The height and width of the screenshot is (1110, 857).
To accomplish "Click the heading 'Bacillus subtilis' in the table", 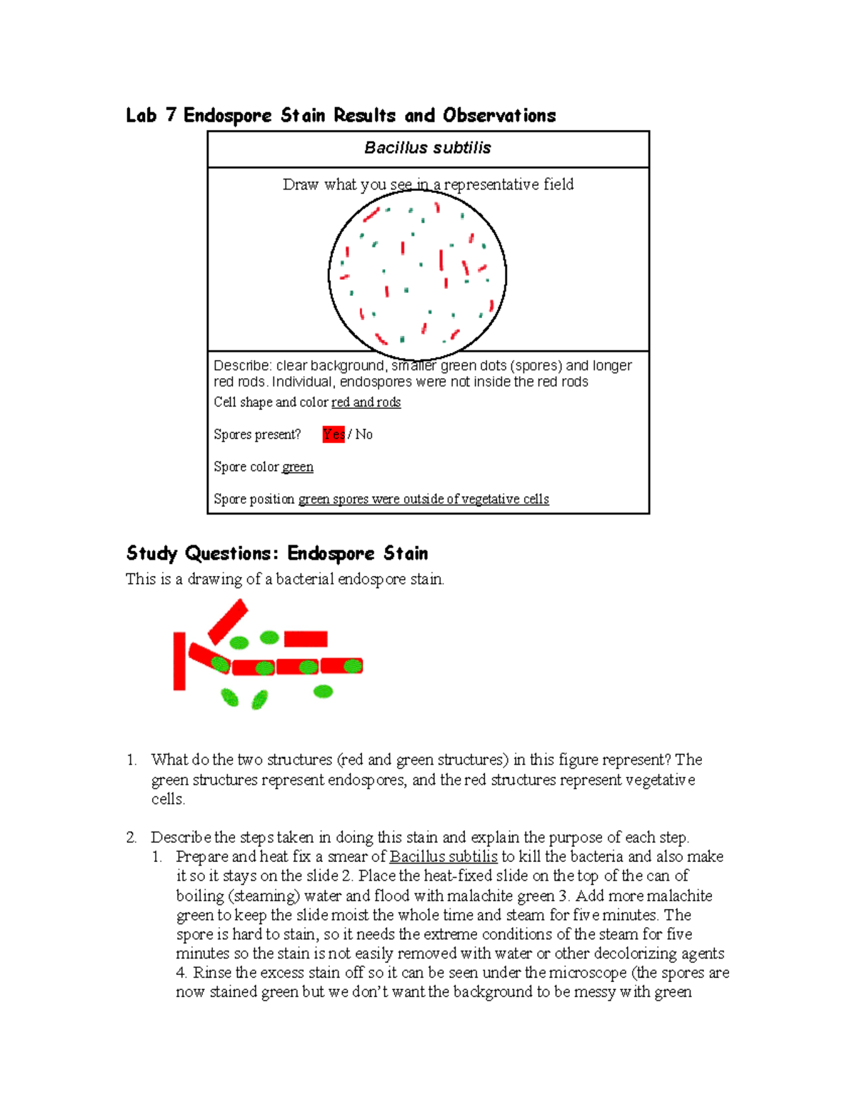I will pyautogui.click(x=427, y=148).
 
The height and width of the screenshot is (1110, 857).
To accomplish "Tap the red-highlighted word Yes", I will pyautogui.click(x=334, y=434).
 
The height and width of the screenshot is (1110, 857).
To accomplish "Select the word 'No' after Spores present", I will pyautogui.click(x=364, y=434).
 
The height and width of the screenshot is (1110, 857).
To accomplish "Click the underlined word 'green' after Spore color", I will pyautogui.click(x=297, y=467).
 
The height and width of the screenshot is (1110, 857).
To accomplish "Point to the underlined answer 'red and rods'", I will pyautogui.click(x=366, y=402).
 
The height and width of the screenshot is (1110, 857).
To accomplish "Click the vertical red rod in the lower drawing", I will pyautogui.click(x=179, y=661).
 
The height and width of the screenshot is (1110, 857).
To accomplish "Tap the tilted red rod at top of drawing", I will pyautogui.click(x=228, y=621).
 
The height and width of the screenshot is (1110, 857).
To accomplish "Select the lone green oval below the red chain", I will pyautogui.click(x=324, y=691).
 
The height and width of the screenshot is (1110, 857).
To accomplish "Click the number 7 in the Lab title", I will pyautogui.click(x=170, y=115).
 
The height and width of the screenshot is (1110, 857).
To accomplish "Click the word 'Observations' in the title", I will pyautogui.click(x=498, y=115).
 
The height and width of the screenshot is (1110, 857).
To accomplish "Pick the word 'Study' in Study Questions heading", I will pyautogui.click(x=151, y=553).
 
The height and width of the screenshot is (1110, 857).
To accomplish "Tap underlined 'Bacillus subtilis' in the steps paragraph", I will pyautogui.click(x=443, y=856).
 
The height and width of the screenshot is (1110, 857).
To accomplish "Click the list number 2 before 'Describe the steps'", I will pyautogui.click(x=131, y=837).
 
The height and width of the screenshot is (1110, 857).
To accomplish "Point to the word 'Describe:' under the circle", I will pyautogui.click(x=242, y=366).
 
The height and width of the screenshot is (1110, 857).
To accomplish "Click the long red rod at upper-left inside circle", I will pyautogui.click(x=371, y=214).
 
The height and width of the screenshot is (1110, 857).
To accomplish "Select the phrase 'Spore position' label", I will pyautogui.click(x=254, y=499).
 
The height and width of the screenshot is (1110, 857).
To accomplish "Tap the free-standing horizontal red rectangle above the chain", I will pyautogui.click(x=306, y=638).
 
